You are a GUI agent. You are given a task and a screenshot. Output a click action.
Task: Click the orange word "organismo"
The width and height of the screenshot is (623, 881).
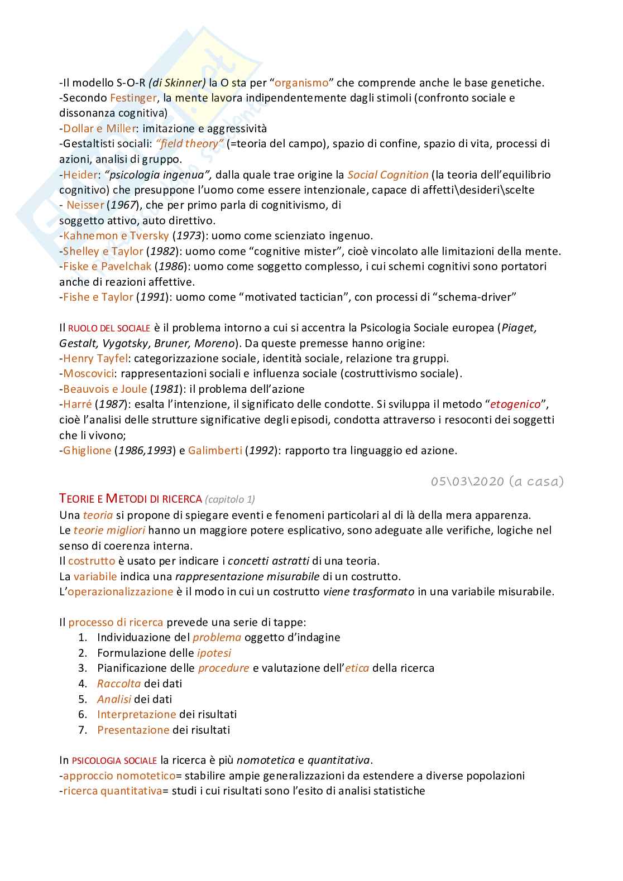301,83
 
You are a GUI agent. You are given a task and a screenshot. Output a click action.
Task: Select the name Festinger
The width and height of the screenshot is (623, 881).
133,98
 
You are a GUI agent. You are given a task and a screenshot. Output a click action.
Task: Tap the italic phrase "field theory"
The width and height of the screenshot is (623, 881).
190,144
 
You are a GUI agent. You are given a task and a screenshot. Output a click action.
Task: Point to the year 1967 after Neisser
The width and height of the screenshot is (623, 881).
123,205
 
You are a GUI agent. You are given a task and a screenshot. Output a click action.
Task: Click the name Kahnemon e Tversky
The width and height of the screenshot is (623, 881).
116,236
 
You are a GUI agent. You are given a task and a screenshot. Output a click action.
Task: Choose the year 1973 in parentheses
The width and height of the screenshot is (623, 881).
188,236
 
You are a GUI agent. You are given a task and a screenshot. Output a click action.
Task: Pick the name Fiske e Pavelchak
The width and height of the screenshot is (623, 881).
107,267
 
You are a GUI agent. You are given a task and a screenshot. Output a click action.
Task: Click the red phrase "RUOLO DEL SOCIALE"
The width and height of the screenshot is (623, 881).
109,328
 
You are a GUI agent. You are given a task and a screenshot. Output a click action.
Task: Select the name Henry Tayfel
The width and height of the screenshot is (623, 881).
95,359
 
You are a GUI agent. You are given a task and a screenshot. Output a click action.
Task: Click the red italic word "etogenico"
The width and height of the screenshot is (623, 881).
515,405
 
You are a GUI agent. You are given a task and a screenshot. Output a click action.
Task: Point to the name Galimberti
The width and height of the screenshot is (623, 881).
215,451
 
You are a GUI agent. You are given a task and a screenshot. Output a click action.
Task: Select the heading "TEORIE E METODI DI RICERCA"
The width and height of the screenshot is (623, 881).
130,498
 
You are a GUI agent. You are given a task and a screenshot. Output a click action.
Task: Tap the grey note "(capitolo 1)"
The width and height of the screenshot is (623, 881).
230,499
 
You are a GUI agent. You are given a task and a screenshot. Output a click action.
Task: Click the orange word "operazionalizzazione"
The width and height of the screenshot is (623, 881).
120,592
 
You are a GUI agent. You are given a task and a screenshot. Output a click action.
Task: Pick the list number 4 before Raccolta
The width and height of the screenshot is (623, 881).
83,684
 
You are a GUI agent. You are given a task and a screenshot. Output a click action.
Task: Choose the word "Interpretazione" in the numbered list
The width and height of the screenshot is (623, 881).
136,715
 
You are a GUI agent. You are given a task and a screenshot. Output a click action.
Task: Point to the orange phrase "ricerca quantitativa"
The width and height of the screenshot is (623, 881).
112,791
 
